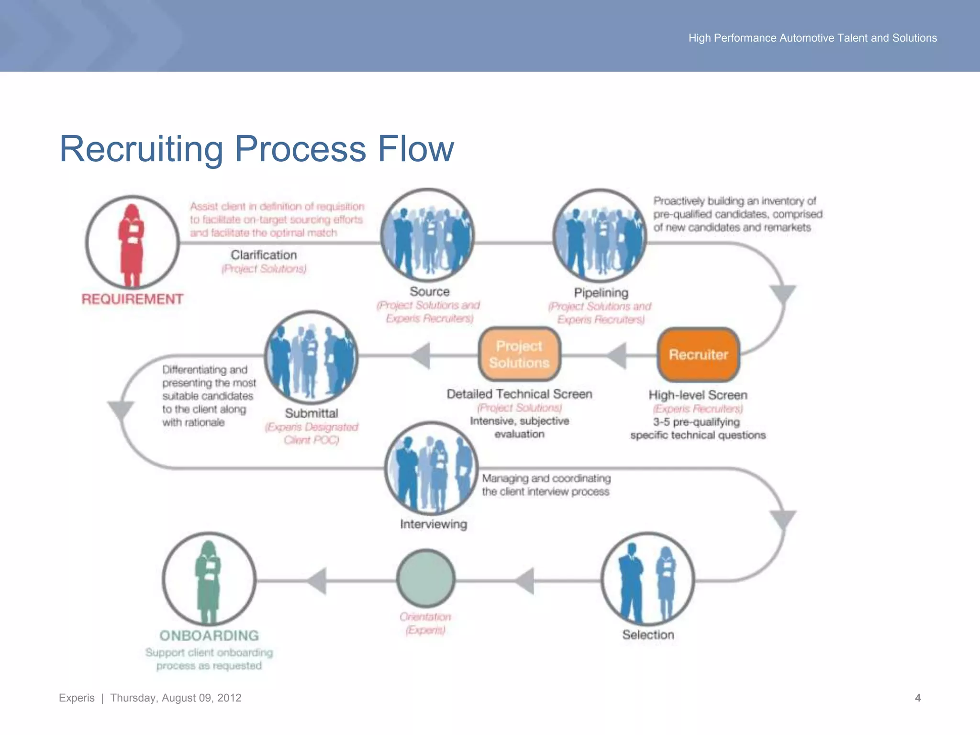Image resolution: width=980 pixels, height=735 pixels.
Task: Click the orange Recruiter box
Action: click(x=698, y=355)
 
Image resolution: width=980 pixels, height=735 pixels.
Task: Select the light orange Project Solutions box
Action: click(x=519, y=355)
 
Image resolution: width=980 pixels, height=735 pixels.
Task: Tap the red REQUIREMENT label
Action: click(x=132, y=299)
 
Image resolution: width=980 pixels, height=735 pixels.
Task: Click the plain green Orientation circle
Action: click(x=426, y=578)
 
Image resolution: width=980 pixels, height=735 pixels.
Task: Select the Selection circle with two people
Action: click(x=647, y=579)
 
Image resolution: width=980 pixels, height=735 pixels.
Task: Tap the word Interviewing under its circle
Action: click(x=434, y=524)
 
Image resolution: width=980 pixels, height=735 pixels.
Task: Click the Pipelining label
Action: click(x=601, y=292)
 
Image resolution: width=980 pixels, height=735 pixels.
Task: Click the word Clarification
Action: click(x=264, y=255)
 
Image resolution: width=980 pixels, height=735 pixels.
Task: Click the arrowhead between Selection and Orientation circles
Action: click(x=525, y=581)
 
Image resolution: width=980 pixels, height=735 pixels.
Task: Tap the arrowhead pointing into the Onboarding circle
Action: click(x=317, y=581)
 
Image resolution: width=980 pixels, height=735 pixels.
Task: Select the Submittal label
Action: click(x=312, y=413)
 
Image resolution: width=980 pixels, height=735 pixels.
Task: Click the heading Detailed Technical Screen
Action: click(x=519, y=394)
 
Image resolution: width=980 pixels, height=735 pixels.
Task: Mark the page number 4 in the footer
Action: click(x=917, y=698)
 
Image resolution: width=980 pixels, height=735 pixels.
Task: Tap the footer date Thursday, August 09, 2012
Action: click(x=176, y=698)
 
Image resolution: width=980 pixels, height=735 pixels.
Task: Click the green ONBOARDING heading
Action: click(x=209, y=635)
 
